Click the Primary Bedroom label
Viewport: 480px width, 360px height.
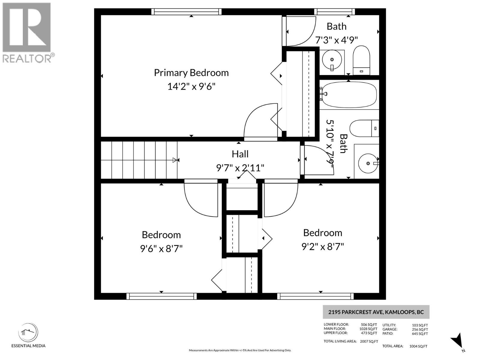pos(191,73)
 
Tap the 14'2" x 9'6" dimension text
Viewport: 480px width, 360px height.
pos(191,87)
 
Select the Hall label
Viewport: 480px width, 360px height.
pos(240,154)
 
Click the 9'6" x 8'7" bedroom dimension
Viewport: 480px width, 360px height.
pos(161,249)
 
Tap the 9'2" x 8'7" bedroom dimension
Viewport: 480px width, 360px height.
pos(322,247)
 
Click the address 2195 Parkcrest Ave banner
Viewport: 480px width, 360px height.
pos(376,312)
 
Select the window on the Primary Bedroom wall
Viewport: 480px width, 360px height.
pos(186,12)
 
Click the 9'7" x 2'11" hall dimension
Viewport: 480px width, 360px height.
pos(240,168)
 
